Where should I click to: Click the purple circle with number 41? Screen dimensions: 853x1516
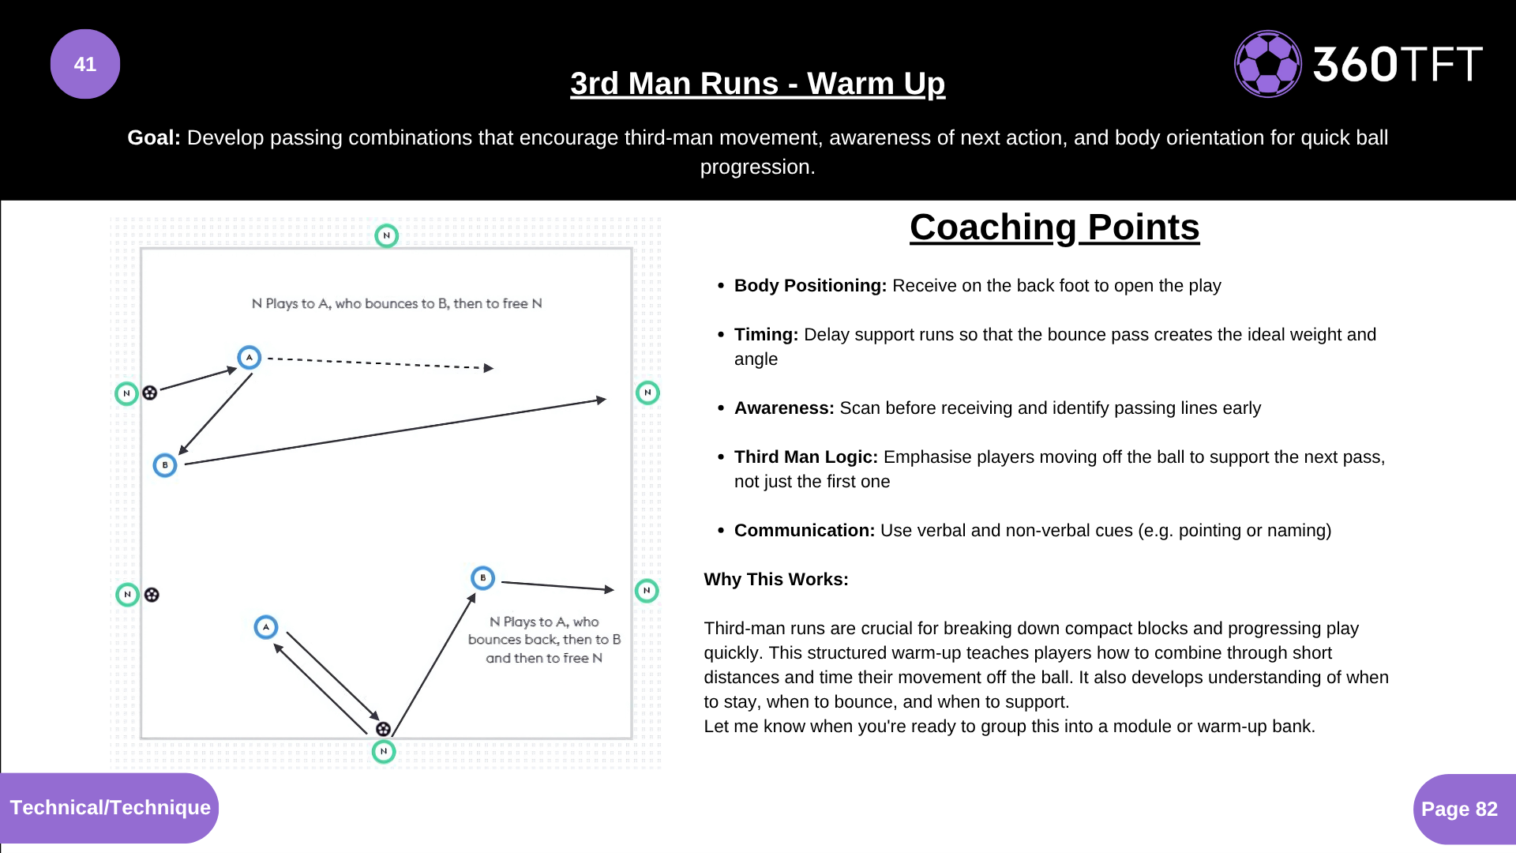tap(85, 64)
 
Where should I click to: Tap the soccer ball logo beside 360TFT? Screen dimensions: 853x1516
tap(1267, 64)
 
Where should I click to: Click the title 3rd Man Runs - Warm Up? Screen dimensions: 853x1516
tap(757, 84)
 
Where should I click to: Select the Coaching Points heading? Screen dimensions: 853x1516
tap(1054, 227)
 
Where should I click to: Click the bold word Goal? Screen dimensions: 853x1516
tap(154, 137)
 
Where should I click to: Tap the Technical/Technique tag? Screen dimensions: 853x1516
tap(110, 807)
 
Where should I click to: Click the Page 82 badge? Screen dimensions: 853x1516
tap(1459, 809)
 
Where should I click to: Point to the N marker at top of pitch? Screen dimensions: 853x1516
tap(386, 235)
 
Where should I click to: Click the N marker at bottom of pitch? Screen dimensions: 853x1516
tap(384, 751)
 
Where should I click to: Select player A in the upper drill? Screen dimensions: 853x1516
tap(250, 358)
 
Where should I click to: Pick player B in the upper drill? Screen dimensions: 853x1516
tap(164, 465)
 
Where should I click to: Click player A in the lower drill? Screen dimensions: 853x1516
tap(266, 627)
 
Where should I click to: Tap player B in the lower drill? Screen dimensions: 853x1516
tap(482, 578)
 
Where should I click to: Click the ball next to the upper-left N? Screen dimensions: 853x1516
tap(150, 393)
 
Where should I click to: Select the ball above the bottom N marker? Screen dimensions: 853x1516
tap(383, 729)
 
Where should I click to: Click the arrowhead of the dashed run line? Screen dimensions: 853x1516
tap(489, 368)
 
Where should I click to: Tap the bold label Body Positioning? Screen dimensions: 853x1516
tap(810, 286)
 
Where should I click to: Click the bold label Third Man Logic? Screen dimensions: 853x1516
tap(805, 457)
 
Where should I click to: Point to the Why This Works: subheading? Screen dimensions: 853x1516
tap(776, 580)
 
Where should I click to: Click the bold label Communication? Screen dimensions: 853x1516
tap(804, 531)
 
